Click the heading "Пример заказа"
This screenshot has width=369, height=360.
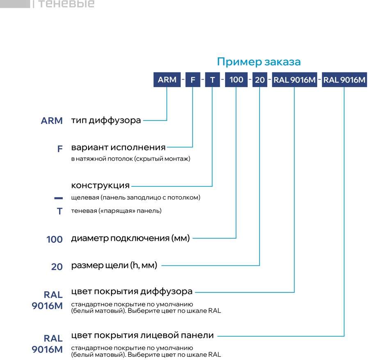(x=259, y=62)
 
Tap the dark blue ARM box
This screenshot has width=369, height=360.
(x=167, y=80)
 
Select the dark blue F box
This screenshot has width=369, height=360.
(x=193, y=80)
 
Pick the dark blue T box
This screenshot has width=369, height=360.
(x=212, y=80)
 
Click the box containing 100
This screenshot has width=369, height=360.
(x=236, y=80)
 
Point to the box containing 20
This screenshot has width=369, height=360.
(x=260, y=80)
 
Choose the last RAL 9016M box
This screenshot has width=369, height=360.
(x=344, y=80)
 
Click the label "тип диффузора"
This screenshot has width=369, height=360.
(x=106, y=120)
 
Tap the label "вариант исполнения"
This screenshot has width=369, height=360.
(x=118, y=147)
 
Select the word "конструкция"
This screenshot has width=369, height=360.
(x=100, y=186)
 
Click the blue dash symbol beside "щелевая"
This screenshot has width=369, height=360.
(x=59, y=198)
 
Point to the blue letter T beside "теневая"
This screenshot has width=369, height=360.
(x=60, y=211)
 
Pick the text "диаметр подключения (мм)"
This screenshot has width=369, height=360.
(x=130, y=238)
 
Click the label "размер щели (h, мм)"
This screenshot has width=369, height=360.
(x=114, y=265)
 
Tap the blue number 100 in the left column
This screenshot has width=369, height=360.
(x=55, y=239)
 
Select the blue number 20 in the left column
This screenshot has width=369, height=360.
(x=57, y=267)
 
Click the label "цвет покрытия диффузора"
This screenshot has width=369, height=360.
(x=132, y=292)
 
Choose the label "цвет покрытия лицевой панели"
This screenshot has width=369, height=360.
(x=142, y=335)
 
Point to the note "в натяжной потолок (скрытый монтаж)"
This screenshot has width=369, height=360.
(x=131, y=159)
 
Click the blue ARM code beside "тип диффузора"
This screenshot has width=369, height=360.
(x=52, y=121)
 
